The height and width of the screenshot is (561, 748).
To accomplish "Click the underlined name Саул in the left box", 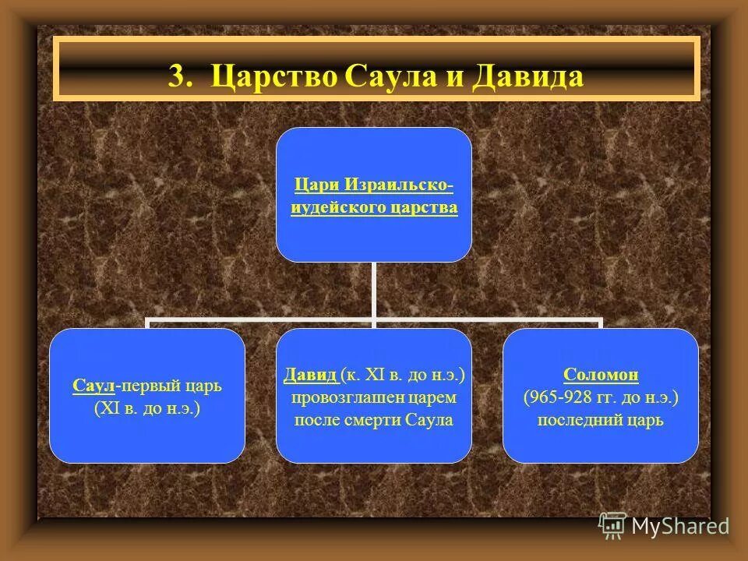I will [94, 386].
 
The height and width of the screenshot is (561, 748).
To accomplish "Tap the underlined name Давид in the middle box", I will [310, 376].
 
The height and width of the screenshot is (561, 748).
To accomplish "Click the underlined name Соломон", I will [600, 376].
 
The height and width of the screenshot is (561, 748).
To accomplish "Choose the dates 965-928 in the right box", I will [559, 397].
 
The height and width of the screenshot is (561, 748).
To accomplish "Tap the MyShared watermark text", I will [680, 526].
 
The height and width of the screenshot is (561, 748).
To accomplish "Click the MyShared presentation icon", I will [613, 526].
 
